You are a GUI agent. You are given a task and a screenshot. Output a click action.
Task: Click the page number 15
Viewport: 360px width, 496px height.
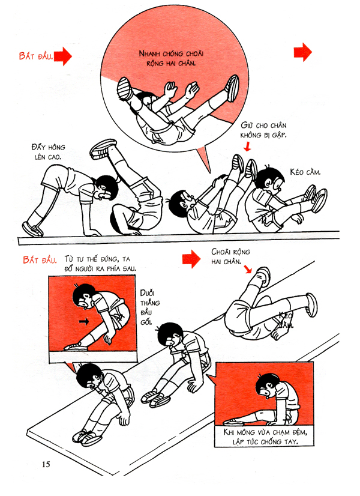46,464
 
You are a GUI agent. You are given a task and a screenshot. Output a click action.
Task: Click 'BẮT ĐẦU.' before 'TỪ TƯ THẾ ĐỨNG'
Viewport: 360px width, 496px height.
40,260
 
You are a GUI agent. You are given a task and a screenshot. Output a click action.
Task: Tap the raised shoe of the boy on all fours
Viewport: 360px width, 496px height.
104,147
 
